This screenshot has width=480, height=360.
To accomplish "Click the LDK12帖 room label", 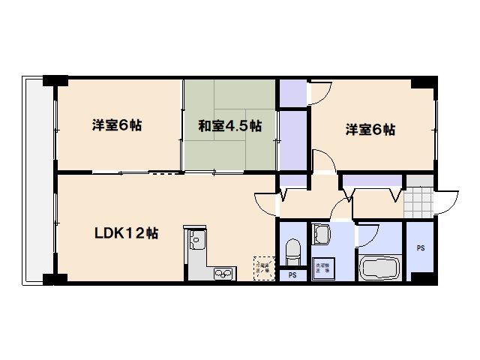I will (125, 232).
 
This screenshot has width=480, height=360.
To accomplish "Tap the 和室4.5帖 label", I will (229, 126).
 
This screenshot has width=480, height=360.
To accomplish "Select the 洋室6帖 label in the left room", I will (117, 125).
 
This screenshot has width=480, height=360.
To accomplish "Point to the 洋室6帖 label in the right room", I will (370, 130).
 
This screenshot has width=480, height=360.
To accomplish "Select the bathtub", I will (381, 268).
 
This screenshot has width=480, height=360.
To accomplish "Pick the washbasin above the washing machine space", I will (321, 234).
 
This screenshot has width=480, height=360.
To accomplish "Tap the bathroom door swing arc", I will (366, 235).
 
